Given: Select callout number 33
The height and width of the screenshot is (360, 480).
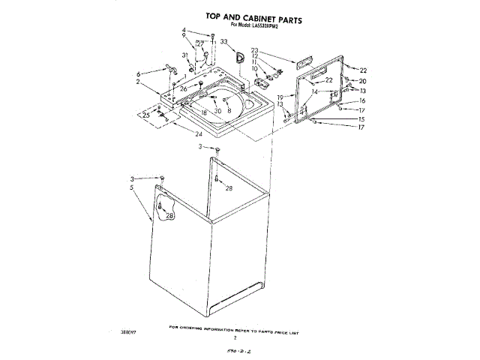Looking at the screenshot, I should pos(223,42).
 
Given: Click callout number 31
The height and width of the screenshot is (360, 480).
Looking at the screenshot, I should pos(184,55).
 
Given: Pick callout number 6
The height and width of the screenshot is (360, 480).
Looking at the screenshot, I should pos(139,73).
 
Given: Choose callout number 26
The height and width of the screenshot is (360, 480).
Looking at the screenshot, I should pos(183,88).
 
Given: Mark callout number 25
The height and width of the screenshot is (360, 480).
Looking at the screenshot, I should pos(146,115).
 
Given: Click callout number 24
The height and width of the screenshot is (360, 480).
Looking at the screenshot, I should pos(198,134).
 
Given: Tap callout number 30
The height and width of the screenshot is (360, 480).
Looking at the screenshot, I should pos(217,111).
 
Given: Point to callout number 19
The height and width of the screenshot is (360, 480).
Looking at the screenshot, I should pos(280,97).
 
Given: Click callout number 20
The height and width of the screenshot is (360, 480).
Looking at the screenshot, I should pos(362,81).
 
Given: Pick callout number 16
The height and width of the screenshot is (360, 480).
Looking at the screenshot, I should pos(361,100).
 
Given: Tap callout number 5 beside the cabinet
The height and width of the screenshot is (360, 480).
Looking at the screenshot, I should pos(133,187).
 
